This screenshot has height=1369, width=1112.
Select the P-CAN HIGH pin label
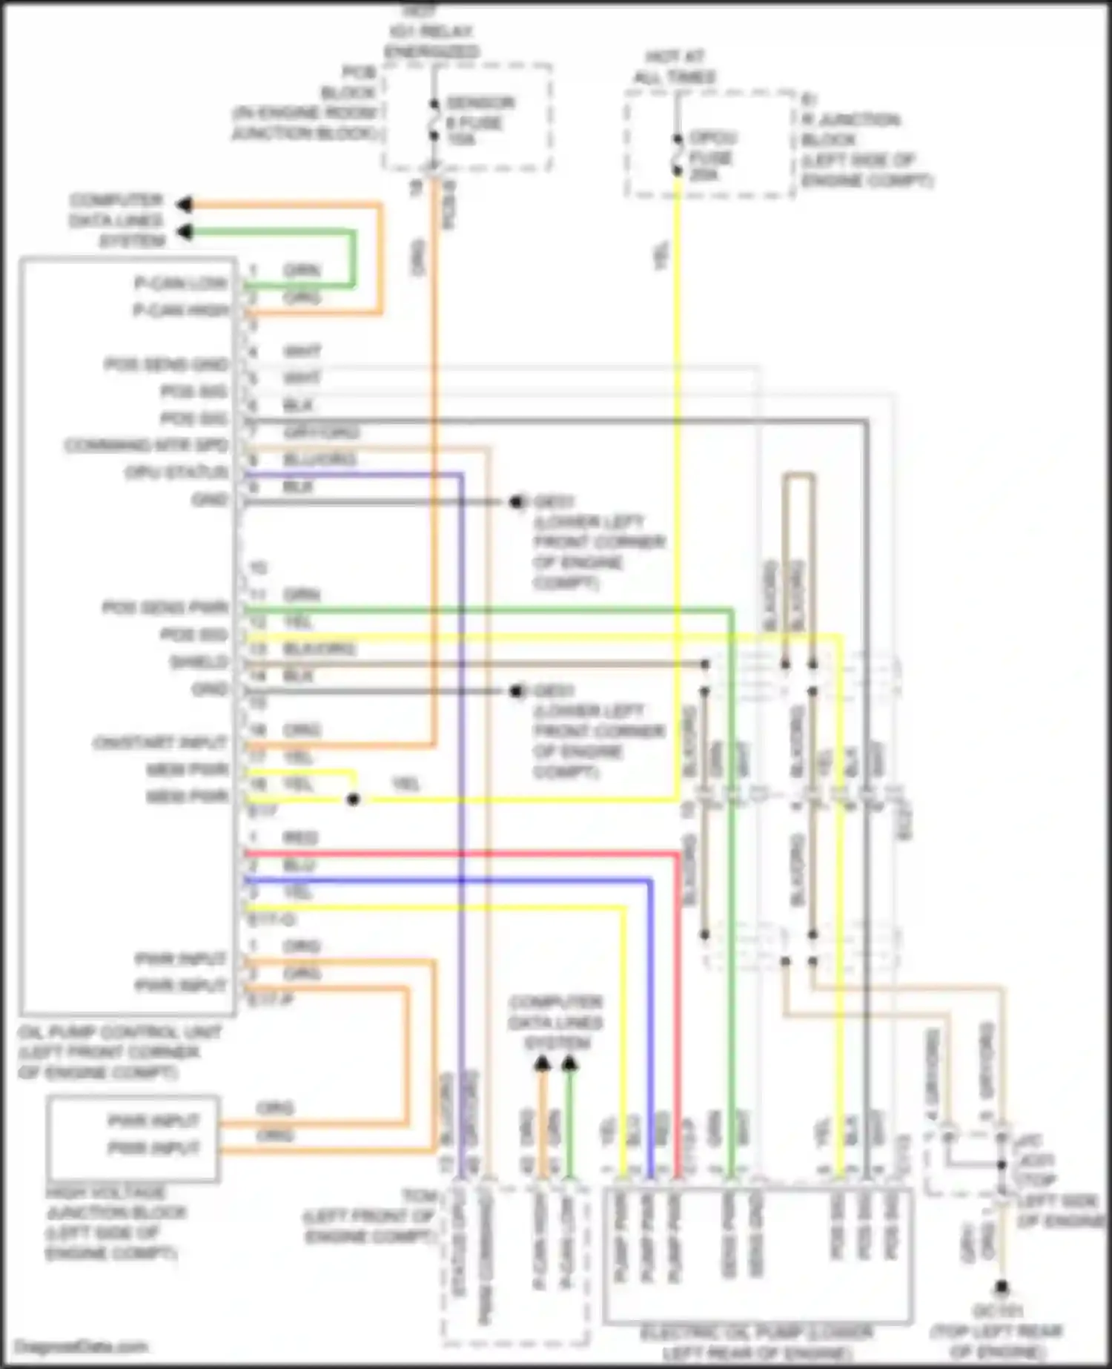coord(181,310)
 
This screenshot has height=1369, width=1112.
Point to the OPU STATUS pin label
coord(176,472)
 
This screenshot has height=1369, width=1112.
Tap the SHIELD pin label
coord(199,662)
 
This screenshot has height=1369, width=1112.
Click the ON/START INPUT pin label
coord(160,742)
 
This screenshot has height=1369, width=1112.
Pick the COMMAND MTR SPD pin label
coord(146,446)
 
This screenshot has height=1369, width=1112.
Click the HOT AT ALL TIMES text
coord(674,67)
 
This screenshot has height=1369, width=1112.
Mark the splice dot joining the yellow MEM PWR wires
coord(354,799)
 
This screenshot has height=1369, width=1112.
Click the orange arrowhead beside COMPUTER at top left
coord(184,204)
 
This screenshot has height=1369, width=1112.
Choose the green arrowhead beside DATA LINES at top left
coord(184,232)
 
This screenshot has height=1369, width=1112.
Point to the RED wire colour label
coord(300,838)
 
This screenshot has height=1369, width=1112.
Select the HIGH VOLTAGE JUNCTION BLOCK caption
coord(115,1223)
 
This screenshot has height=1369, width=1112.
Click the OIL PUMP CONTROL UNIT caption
coord(119,1052)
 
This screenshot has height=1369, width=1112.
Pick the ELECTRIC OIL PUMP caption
coord(756,1343)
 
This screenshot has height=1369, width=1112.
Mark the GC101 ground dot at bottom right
coord(1001,1287)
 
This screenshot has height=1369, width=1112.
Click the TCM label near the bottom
coord(419,1196)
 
